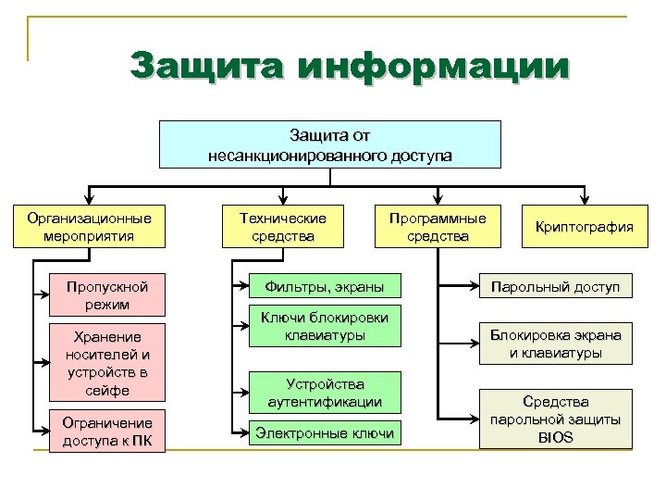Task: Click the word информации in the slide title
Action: tap(435, 68)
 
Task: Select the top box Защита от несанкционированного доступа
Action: tap(330, 144)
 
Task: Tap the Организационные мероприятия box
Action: tap(89, 227)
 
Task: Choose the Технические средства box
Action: tap(283, 227)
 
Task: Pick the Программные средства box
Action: tap(438, 227)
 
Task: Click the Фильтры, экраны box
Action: tap(318, 284)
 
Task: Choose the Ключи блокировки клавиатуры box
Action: tap(324, 326)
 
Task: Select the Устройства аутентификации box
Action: tap(324, 393)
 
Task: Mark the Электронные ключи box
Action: tap(324, 432)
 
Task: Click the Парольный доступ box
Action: tap(555, 287)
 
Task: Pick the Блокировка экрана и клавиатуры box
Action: tap(555, 344)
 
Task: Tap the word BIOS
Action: tap(555, 437)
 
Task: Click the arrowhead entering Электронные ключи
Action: tap(245, 432)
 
